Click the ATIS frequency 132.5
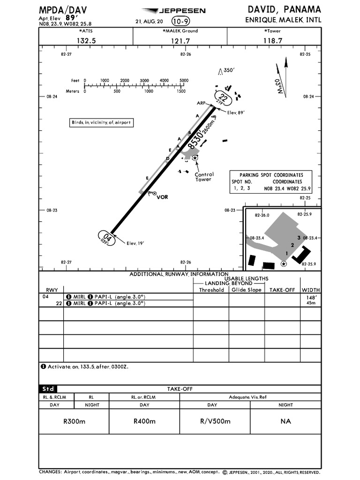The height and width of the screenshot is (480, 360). point(86,41)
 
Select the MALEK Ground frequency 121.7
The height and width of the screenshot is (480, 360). point(180,41)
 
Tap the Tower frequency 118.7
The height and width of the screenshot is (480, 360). point(273,41)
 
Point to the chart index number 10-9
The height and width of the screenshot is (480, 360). point(181,21)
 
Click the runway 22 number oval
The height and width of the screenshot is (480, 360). point(223,99)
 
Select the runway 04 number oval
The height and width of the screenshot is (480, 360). point(106,238)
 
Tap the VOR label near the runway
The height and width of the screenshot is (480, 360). point(162,197)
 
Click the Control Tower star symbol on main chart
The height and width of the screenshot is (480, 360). point(195,158)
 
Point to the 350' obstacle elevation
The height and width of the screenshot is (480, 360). point(228,70)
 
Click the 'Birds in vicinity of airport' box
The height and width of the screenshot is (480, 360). point(100,122)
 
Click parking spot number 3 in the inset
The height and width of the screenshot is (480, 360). point(299,238)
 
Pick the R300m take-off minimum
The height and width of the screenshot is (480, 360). point(74,421)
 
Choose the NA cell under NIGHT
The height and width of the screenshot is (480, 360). point(285,421)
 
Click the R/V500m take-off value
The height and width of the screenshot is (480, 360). point(215,421)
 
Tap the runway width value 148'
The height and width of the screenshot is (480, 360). point(311,297)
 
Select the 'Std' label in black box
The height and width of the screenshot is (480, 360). point(48,389)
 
